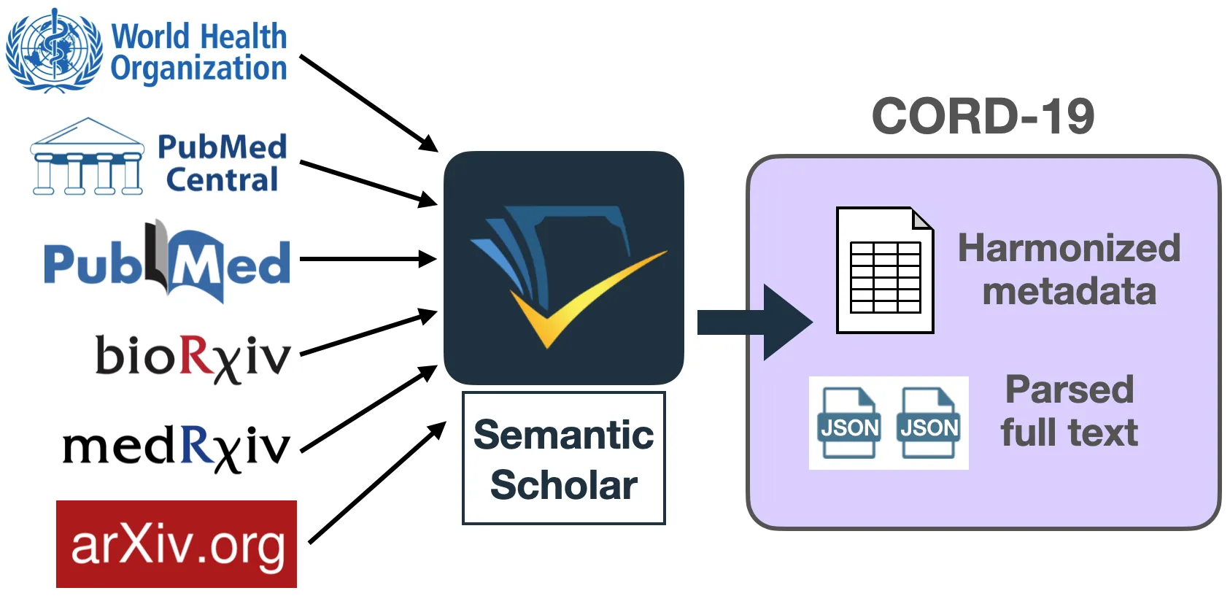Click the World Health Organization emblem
(53, 50)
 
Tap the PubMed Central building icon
(87, 158)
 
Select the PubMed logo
(167, 263)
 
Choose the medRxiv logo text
(177, 446)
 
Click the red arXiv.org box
(177, 544)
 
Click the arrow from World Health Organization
(368, 102)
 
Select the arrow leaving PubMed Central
(368, 183)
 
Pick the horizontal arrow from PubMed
(368, 259)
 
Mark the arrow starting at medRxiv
(368, 409)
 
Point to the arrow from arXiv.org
(376, 483)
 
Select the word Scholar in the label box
(564, 485)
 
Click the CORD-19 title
(983, 117)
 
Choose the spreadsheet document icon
(885, 271)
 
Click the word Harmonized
(1069, 248)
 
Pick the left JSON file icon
(849, 423)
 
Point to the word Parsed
(1070, 390)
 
